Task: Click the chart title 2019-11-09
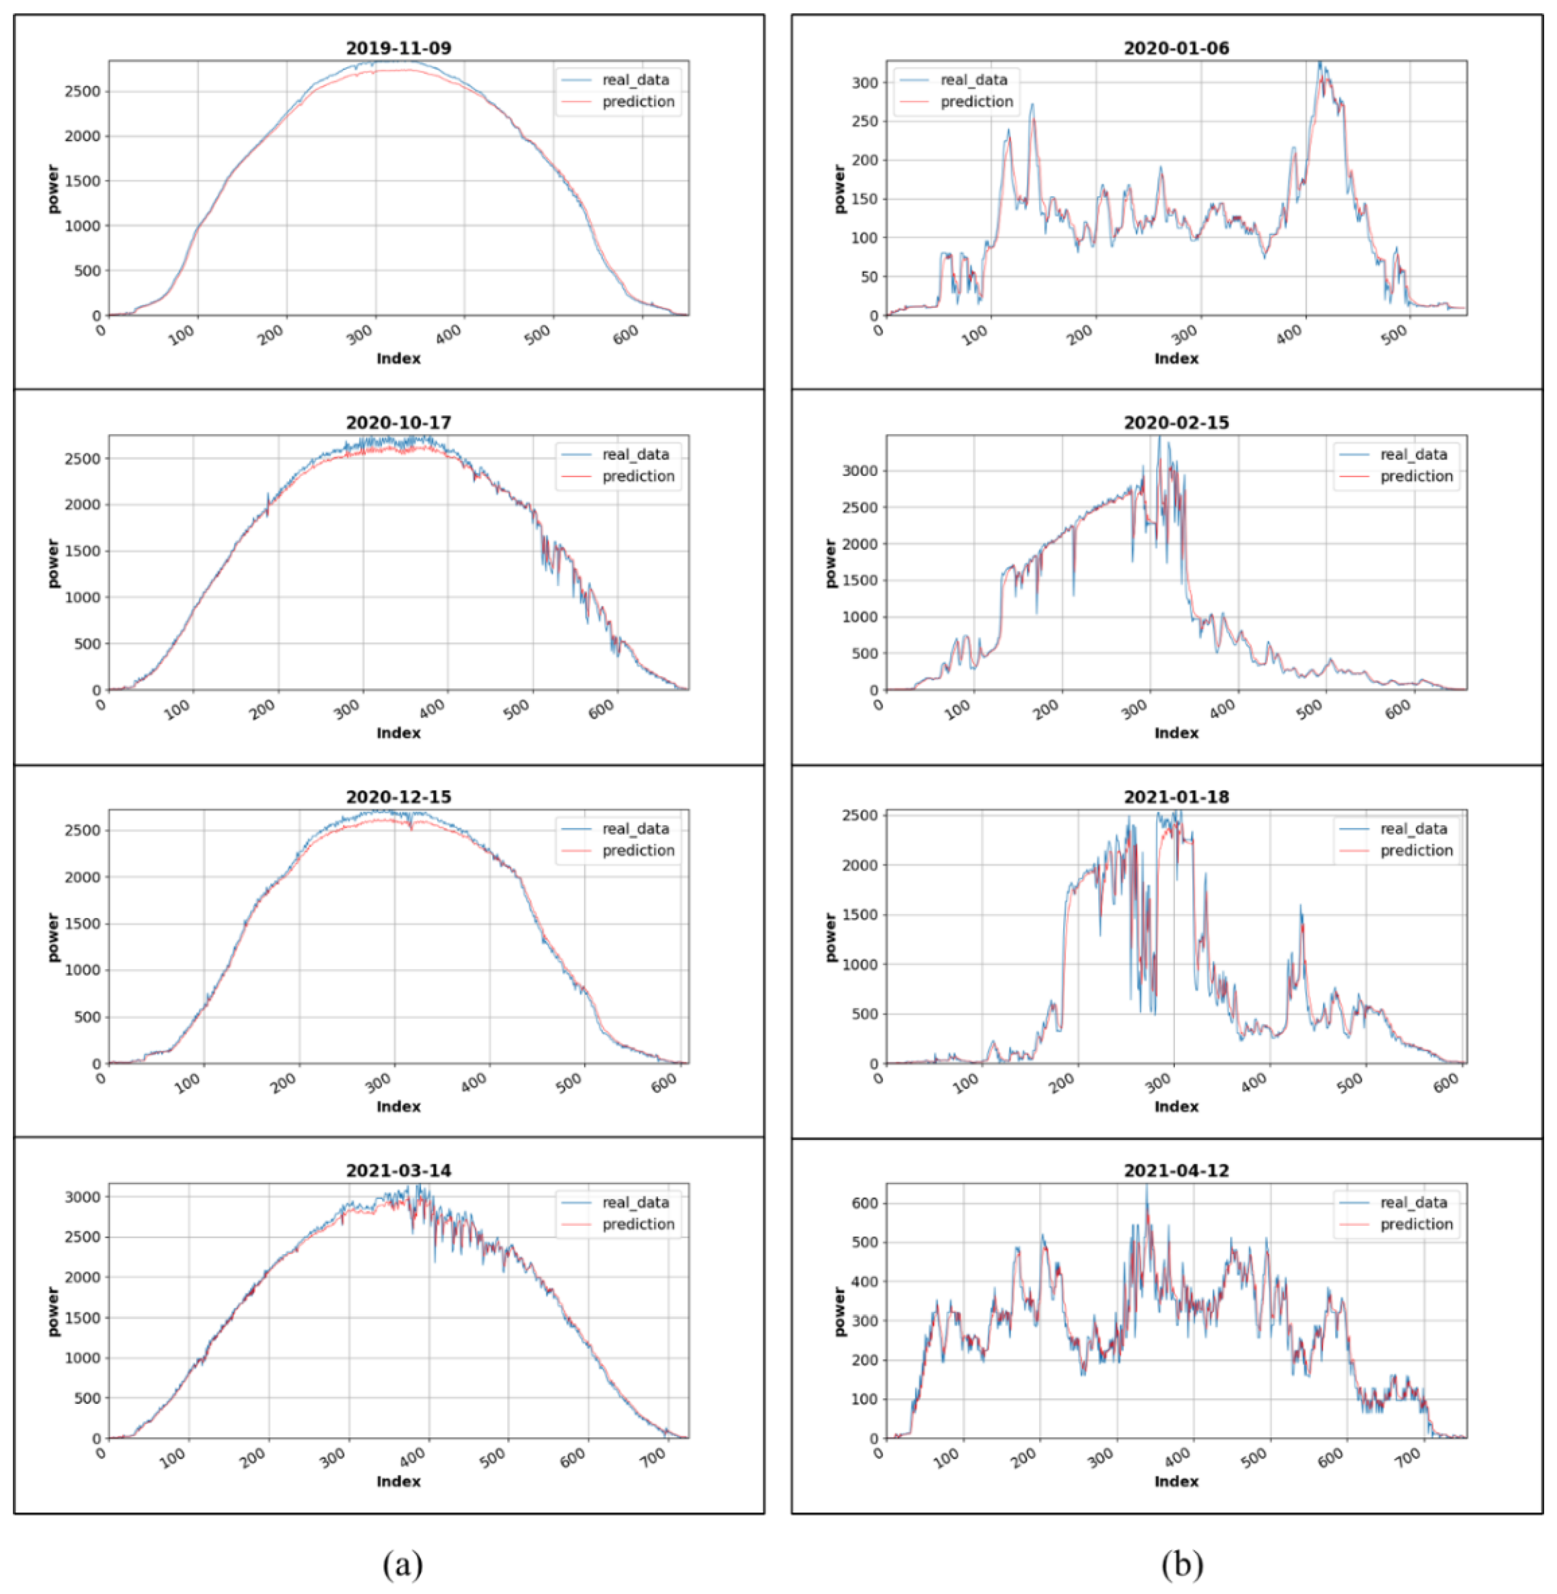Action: pyautogui.click(x=398, y=48)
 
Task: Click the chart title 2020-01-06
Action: pyautogui.click(x=1176, y=48)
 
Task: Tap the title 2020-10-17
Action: pyautogui.click(x=398, y=422)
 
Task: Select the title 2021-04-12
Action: pyautogui.click(x=1176, y=1171)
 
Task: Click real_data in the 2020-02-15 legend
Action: pyautogui.click(x=1413, y=455)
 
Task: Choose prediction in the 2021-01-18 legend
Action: pyautogui.click(x=1416, y=850)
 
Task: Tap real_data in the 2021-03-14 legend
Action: pyautogui.click(x=635, y=1203)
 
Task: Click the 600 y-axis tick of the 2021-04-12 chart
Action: pyautogui.click(x=865, y=1203)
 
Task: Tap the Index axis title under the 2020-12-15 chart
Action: pyautogui.click(x=398, y=1107)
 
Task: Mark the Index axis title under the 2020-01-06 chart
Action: pyautogui.click(x=1176, y=359)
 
